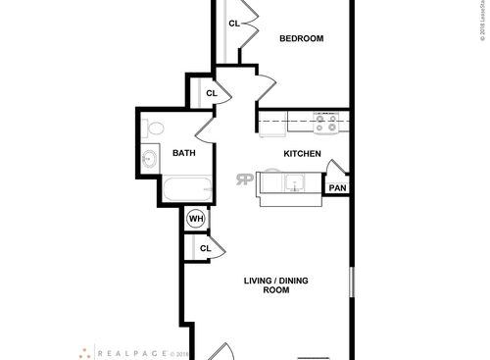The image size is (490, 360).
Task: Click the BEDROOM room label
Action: click(301, 39)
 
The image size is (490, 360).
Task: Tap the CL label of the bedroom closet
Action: click(235, 23)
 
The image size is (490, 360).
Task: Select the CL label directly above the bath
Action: click(210, 93)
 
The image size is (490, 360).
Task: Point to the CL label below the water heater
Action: click(205, 249)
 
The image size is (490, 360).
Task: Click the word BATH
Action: click(184, 153)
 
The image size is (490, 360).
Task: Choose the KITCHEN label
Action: click(303, 154)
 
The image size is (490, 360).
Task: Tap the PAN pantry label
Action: click(337, 188)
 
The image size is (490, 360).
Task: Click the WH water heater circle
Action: click(196, 218)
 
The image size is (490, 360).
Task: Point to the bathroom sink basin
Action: click(150, 160)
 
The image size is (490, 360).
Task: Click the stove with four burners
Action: click(327, 122)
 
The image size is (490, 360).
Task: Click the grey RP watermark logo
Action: click(244, 179)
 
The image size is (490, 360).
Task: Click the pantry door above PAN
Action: click(333, 169)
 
